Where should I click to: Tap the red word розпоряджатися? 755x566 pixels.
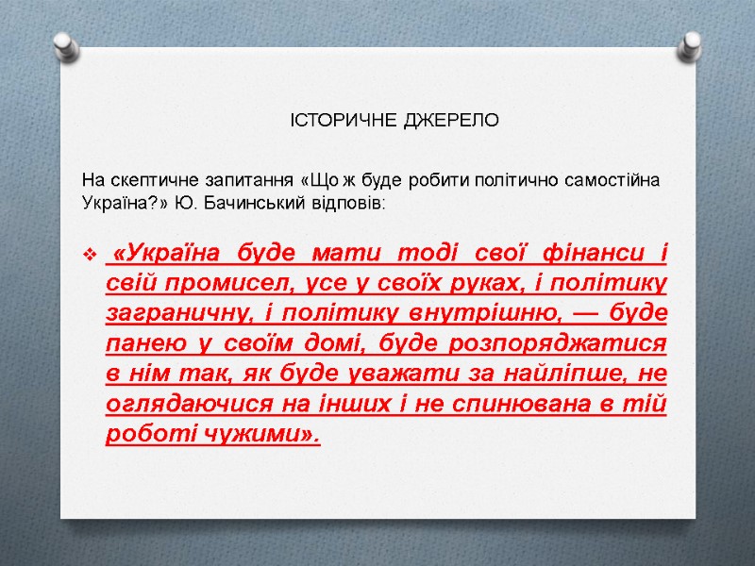tap(590, 343)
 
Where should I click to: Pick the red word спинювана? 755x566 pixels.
tap(551, 404)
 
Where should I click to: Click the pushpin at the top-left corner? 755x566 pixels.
tap(64, 45)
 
